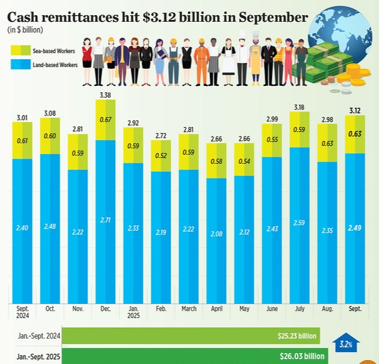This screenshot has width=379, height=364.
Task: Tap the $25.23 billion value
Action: click(x=294, y=336)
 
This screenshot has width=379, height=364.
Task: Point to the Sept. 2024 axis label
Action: click(x=22, y=312)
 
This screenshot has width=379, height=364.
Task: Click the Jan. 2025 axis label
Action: click(x=133, y=312)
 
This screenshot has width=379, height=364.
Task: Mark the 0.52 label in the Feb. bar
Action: click(x=161, y=156)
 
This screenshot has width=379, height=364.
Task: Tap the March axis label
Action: click(x=189, y=309)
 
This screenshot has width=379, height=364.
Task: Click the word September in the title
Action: click(x=272, y=16)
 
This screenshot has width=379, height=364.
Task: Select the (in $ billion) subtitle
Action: click(x=25, y=30)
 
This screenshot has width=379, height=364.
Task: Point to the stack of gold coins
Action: click(x=354, y=76)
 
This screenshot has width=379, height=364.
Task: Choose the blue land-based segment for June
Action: click(x=272, y=230)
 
